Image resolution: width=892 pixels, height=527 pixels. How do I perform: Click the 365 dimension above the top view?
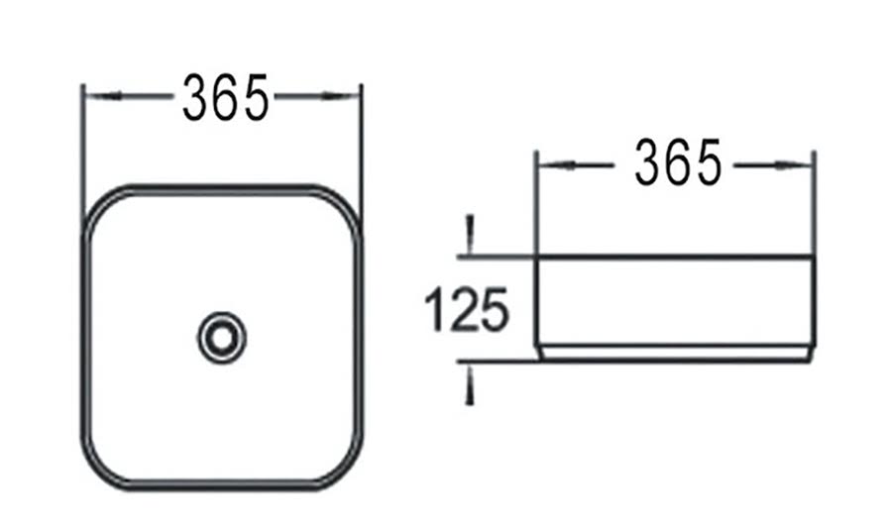225,98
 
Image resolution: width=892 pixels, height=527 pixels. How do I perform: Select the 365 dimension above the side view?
678,163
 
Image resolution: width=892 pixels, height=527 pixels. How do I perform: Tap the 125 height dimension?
466,309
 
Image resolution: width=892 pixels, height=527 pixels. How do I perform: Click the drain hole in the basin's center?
222,338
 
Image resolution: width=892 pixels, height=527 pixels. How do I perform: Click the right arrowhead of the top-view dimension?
341,96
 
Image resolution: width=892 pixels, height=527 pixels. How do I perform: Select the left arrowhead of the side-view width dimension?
556,165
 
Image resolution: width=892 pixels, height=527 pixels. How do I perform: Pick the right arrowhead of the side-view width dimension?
795,165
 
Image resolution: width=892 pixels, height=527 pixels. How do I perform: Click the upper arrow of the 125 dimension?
470,235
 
